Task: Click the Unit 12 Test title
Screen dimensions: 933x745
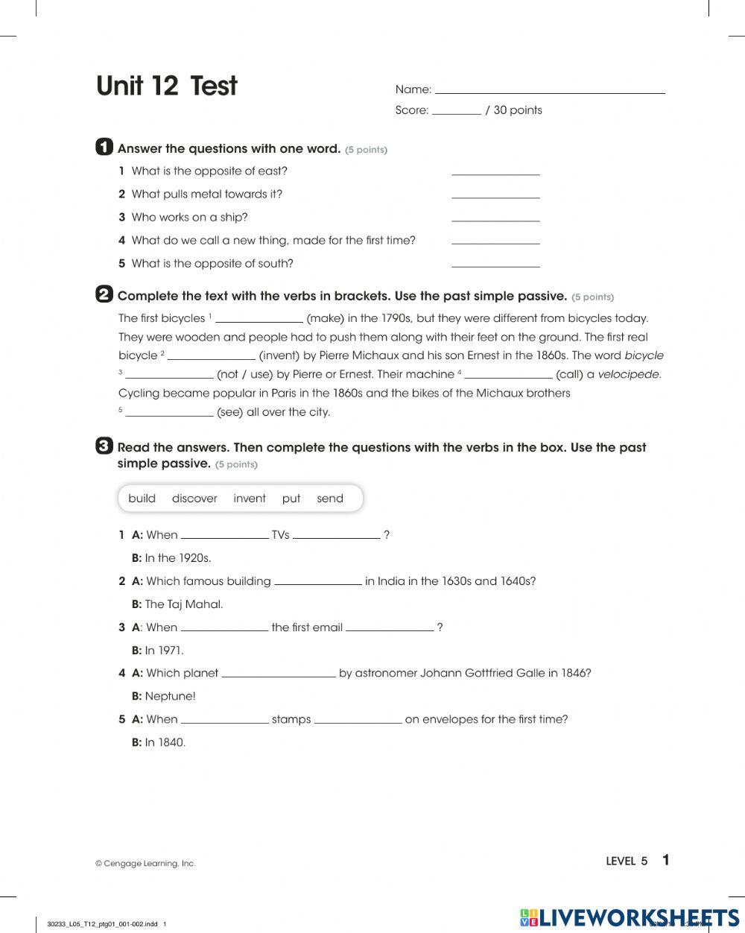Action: (166, 86)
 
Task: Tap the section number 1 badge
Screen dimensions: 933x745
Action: (104, 147)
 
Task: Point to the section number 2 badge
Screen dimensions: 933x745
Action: (104, 294)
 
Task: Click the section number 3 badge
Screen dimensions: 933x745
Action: (104, 446)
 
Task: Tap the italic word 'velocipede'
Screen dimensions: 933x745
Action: (628, 374)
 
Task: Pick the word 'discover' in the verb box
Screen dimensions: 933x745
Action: (194, 499)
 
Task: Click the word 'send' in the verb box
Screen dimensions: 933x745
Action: (330, 499)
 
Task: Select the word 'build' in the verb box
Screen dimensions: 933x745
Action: (142, 499)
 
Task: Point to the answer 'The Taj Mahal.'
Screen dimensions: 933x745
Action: (184, 604)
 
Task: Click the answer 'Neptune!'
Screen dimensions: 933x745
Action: (170, 697)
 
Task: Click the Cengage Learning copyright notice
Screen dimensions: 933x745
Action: (145, 863)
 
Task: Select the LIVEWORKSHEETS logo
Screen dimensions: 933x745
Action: (630, 917)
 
